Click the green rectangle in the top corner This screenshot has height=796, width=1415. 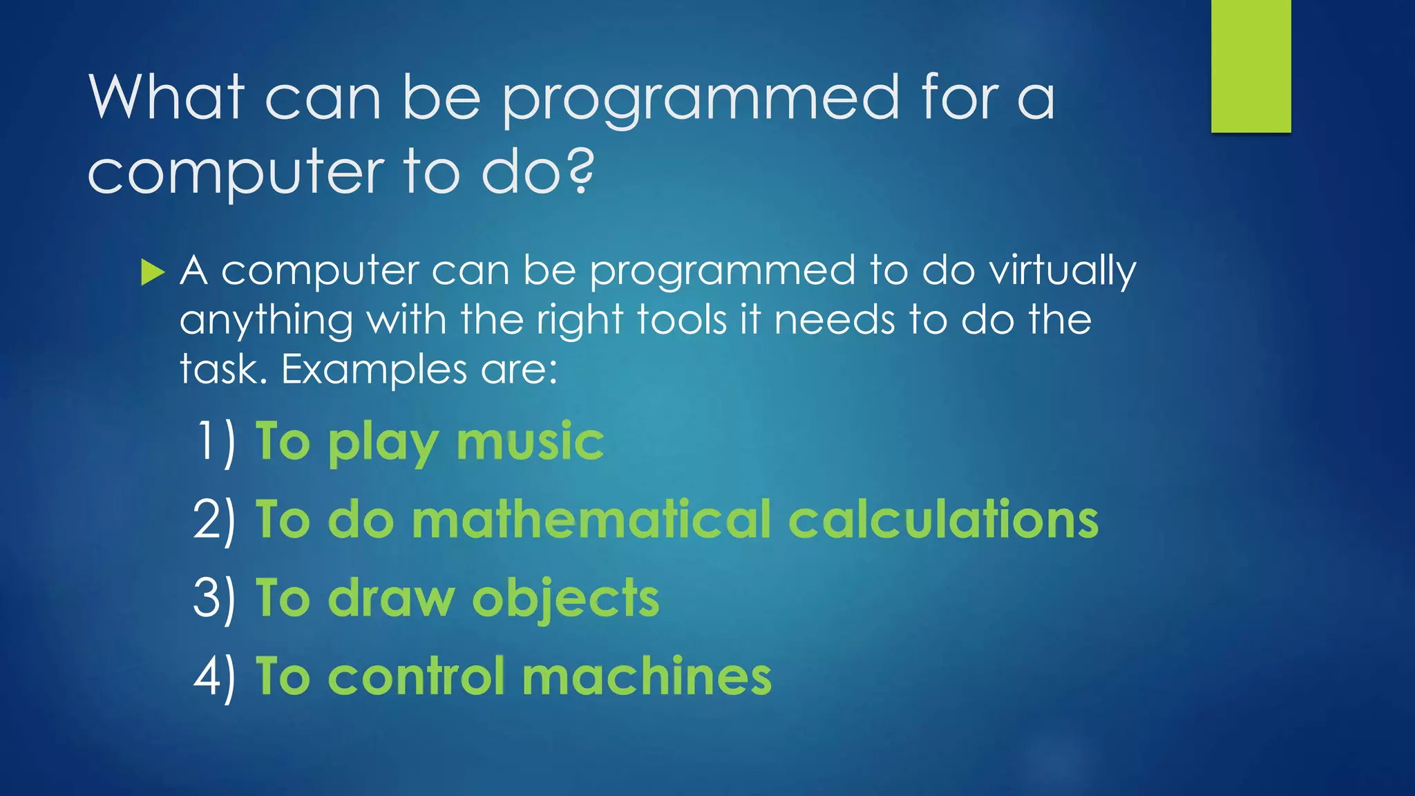point(1251,66)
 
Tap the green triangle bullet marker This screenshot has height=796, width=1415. point(152,272)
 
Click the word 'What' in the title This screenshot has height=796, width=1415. point(166,97)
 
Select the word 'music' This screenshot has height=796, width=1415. point(530,442)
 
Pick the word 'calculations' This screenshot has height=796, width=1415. point(943,520)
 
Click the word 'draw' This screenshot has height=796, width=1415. point(391,598)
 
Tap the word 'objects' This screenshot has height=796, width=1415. point(565,599)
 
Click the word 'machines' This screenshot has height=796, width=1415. point(647,676)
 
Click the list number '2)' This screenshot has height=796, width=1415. point(215,520)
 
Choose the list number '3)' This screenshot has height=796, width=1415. point(215,598)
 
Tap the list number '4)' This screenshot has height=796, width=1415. point(215,676)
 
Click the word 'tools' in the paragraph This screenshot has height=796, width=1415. point(681,321)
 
